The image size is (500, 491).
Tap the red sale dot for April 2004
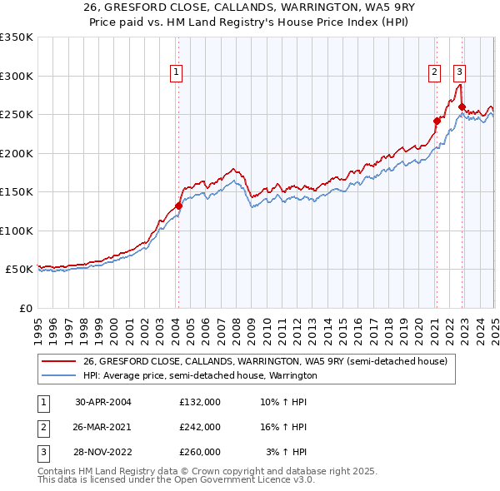[x=178, y=206]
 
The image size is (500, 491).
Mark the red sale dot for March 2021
[x=436, y=121]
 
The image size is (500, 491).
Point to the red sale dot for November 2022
[x=461, y=107]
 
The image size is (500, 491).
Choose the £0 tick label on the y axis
[x=25, y=308]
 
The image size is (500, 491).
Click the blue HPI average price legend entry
[x=200, y=375]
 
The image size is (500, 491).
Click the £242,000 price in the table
[x=200, y=427]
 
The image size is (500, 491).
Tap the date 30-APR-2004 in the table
[x=103, y=402]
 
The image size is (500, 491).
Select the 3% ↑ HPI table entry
[x=286, y=452]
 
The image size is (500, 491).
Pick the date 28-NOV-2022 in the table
[x=103, y=452]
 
